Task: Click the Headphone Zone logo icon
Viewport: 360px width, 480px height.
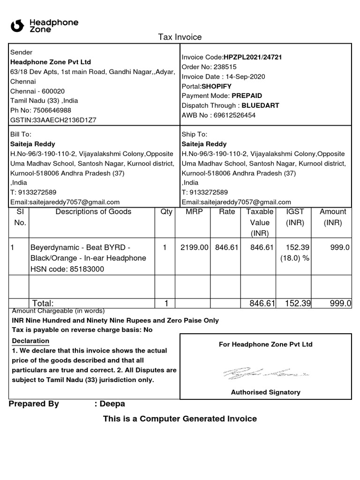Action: click(x=17, y=26)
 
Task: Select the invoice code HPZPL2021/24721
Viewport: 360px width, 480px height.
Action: click(x=253, y=57)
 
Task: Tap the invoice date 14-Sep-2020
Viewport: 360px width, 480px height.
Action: click(x=245, y=76)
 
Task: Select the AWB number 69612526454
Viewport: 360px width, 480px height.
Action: click(x=234, y=115)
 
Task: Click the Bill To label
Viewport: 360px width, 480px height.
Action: click(x=21, y=134)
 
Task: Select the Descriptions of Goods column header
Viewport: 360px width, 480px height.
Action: click(x=93, y=212)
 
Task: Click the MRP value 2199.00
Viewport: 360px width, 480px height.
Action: click(x=194, y=247)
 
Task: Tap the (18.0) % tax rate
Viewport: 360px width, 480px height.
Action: click(x=295, y=258)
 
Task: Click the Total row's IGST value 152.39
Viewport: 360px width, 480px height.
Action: click(x=298, y=304)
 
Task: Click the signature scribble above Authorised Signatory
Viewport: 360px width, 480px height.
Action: click(x=265, y=374)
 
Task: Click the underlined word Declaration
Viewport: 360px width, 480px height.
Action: click(x=30, y=341)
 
